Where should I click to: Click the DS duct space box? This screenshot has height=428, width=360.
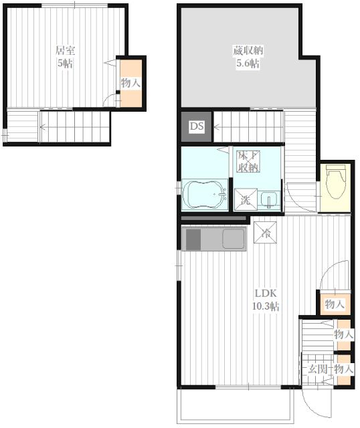(196, 126)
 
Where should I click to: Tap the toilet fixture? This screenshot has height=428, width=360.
(335, 182)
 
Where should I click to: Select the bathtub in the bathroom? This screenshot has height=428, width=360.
(205, 195)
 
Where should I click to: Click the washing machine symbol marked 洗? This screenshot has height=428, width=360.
(246, 199)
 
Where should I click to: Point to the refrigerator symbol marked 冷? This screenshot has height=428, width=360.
(265, 232)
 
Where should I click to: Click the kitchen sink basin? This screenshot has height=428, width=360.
(234, 239)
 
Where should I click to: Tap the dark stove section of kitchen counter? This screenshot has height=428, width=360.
(193, 239)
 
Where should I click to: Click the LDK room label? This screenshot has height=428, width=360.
(266, 294)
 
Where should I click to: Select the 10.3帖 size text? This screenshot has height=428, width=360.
(265, 306)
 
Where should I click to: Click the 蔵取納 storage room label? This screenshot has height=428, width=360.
(248, 51)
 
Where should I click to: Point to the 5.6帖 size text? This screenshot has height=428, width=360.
(248, 64)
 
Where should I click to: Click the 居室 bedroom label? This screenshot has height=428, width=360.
(66, 51)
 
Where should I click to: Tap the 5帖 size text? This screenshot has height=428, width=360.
(65, 64)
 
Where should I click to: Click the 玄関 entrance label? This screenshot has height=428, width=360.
(318, 369)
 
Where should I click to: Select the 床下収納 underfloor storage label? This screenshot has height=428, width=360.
(248, 161)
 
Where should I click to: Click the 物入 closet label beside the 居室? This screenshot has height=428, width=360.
(131, 83)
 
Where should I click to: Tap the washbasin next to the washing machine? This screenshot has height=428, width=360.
(269, 199)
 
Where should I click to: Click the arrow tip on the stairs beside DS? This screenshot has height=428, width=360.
(215, 126)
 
